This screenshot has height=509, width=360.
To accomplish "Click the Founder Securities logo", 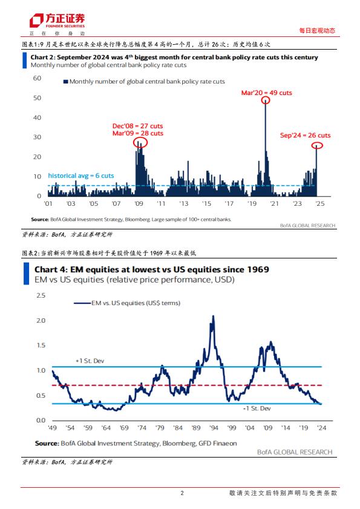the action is click(57, 21).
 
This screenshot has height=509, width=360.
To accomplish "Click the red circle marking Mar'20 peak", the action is click(266, 96).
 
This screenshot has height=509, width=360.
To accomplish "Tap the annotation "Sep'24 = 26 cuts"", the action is click(305, 136).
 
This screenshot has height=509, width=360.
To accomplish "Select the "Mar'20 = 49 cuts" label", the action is click(266, 93).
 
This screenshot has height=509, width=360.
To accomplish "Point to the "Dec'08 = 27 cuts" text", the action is click(137, 126).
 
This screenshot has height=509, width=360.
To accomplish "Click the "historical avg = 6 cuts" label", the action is click(81, 176).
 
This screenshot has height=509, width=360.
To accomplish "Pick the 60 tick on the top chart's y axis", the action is click(37, 78).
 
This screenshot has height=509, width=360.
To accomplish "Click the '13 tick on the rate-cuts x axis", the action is click(184, 203).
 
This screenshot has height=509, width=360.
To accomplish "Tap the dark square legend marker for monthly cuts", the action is click(65, 82).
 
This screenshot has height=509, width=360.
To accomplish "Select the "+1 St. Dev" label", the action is click(90, 361).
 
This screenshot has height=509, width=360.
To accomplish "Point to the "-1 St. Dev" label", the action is click(257, 409).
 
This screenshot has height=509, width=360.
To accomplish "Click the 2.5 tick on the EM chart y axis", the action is click(41, 295).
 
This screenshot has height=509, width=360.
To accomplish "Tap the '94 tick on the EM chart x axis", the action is click(214, 428).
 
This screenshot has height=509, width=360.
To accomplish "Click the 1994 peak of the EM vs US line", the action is click(213, 315).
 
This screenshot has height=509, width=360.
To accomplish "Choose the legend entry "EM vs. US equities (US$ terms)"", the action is click(127, 303).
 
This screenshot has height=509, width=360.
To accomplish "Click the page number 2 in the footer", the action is click(182, 493).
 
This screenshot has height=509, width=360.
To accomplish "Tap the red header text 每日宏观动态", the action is click(317, 31).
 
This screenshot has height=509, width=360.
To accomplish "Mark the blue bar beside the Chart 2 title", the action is click(24, 60).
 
